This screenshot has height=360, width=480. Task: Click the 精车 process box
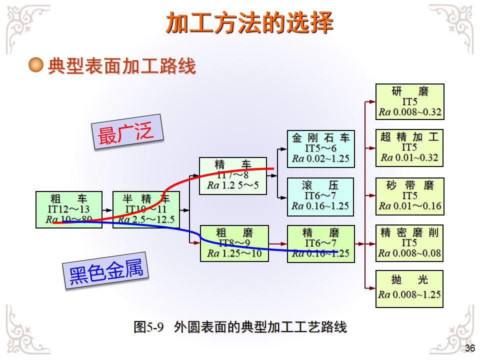tap(232, 176)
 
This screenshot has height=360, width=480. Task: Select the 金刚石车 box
tap(320, 148)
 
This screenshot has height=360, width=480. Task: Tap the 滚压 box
tap(320, 195)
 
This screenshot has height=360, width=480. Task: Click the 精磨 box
tap(320, 243)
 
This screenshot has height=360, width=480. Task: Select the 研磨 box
tap(410, 101)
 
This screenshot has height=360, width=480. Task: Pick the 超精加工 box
tap(410, 147)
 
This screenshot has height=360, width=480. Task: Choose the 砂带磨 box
tap(410, 195)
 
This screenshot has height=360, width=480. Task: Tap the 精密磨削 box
tap(410, 243)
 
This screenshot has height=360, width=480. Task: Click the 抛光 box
tap(410, 288)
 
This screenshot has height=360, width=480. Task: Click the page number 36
tap(469, 348)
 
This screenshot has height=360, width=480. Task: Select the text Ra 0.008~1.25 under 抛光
tap(410, 294)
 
